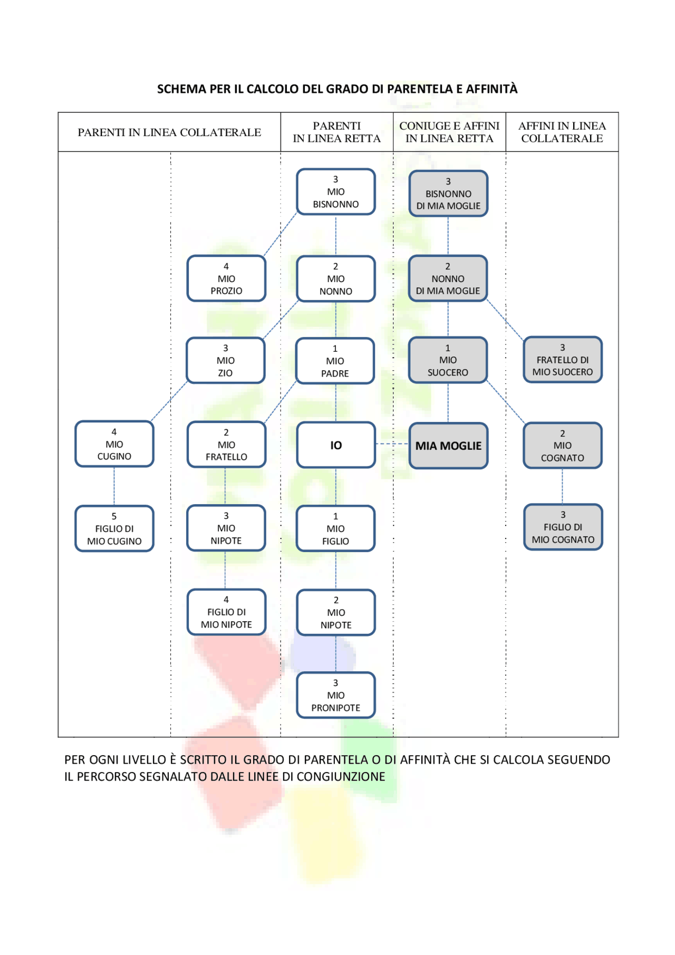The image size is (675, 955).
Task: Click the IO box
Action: point(336,445)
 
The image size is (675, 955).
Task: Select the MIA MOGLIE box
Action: point(448,446)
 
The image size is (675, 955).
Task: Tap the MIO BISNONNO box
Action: point(336,192)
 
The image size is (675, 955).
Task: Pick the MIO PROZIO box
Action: point(226,278)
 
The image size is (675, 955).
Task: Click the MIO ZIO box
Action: point(226,361)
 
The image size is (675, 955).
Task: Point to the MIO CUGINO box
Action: point(114,444)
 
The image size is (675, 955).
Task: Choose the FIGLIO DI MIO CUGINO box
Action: point(114,529)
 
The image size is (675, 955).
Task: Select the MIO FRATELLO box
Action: point(226,445)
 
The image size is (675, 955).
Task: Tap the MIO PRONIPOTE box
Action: point(336,695)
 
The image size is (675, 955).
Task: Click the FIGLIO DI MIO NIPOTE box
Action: point(226,612)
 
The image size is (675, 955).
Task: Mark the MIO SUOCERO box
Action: point(448,360)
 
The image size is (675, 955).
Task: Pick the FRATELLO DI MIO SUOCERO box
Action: point(563,360)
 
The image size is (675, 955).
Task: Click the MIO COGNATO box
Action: point(563,446)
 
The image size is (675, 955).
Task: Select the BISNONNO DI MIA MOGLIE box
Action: point(448,194)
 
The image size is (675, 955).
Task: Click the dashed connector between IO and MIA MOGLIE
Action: point(392,444)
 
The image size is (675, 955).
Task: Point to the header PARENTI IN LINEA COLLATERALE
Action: point(169,132)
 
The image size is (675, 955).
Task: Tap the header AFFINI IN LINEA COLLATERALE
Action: point(562,132)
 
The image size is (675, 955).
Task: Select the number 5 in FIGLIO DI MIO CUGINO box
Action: point(114,516)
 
